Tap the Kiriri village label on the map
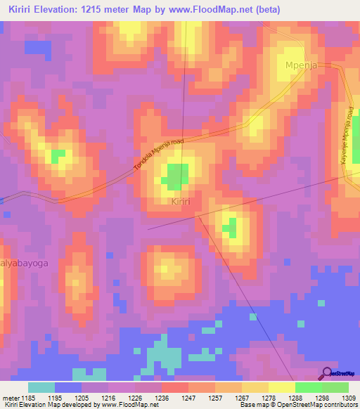(181, 202)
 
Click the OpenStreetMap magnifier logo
(327, 373)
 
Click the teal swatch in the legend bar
(41, 387)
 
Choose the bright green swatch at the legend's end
(335, 387)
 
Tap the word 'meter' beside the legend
(10, 397)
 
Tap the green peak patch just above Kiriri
(176, 176)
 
